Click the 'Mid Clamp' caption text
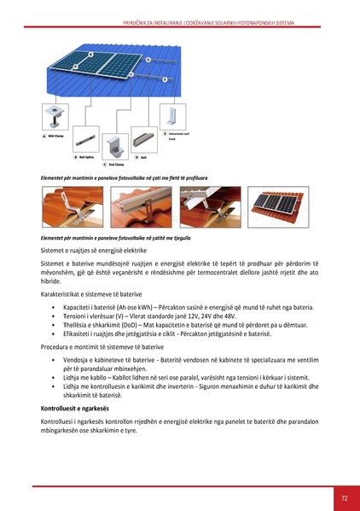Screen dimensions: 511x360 pyautogui.click(x=56, y=136)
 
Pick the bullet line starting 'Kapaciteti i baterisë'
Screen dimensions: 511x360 pyautogui.click(x=154, y=305)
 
